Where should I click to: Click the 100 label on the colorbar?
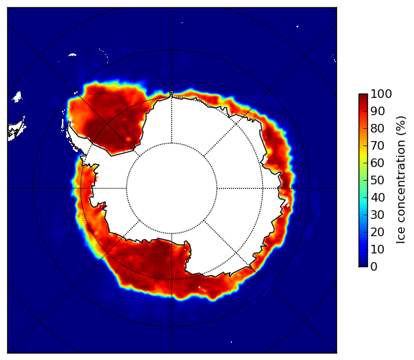(x=381, y=94)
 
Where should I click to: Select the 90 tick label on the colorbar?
(x=377, y=111)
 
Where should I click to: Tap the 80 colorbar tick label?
(x=377, y=129)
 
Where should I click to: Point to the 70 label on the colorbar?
(x=377, y=145)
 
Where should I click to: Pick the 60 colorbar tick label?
(x=377, y=163)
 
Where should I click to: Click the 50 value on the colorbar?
(x=377, y=181)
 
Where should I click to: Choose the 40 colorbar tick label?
(x=377, y=197)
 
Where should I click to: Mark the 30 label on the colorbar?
(x=377, y=215)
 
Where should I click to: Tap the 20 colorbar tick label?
(x=377, y=232)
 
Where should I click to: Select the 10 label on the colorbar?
(x=377, y=249)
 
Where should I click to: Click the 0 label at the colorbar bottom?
(x=374, y=267)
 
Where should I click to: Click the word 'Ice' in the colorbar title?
(x=401, y=236)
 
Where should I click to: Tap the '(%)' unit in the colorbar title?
(x=401, y=126)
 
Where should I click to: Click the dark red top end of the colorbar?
(x=363, y=96)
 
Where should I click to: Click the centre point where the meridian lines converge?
(x=172, y=189)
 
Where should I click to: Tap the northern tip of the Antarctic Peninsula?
(x=69, y=123)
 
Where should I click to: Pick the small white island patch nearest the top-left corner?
(x=72, y=55)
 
